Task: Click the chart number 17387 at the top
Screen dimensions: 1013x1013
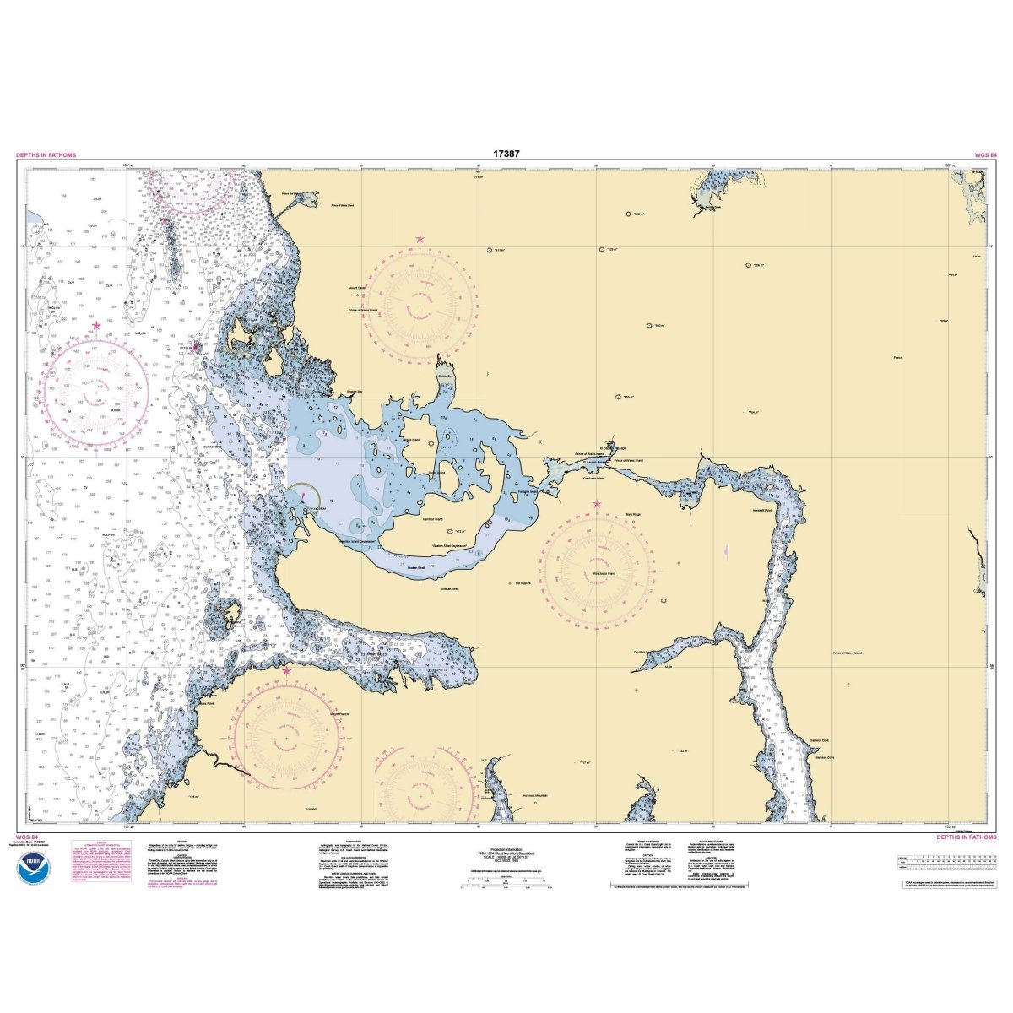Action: click(x=506, y=154)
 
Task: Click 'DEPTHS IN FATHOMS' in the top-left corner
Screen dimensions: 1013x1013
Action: click(x=46, y=155)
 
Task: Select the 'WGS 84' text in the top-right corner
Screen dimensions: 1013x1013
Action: click(x=985, y=155)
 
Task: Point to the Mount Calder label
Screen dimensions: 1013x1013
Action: click(x=357, y=288)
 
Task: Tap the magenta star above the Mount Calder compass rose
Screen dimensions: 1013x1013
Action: click(x=420, y=240)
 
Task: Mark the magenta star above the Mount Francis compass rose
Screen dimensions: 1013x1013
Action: click(x=286, y=671)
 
